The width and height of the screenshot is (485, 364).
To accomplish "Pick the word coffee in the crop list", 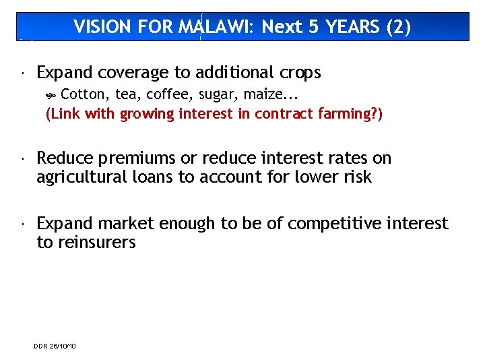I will pos(171,95).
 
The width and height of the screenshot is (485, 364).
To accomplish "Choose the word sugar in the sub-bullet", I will pos(216,95).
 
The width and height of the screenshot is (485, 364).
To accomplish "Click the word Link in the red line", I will pos(66,114).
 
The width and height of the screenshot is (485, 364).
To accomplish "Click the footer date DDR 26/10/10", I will pos(55,346).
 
